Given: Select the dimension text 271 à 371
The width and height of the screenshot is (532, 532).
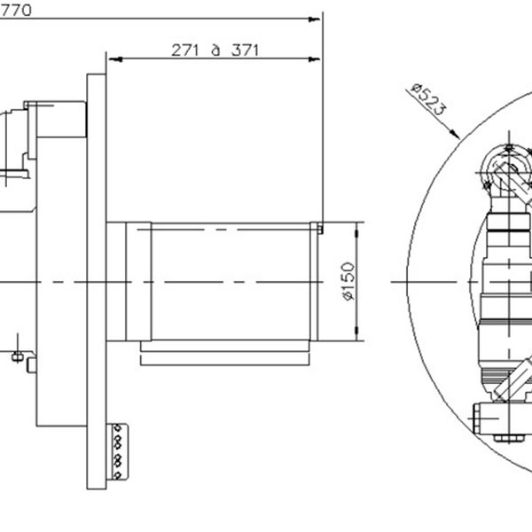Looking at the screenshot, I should pyautogui.click(x=215, y=50).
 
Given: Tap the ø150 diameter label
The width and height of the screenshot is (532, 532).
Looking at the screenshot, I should pyautogui.click(x=348, y=282).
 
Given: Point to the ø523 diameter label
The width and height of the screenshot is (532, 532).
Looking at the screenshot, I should pyautogui.click(x=429, y=103).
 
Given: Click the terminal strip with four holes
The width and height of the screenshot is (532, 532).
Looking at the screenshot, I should pyautogui.click(x=118, y=452).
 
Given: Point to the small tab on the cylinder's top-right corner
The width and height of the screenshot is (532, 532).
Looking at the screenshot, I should pyautogui.click(x=319, y=229).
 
